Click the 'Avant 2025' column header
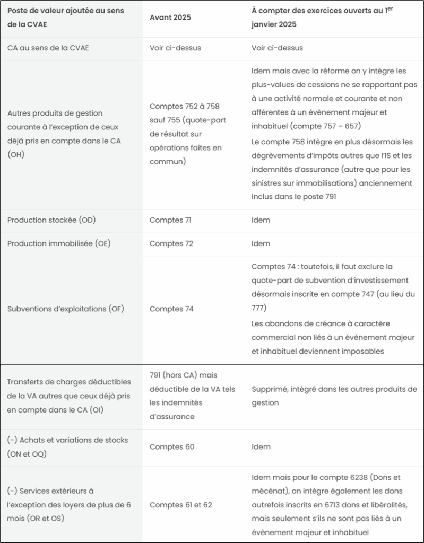pyautogui.click(x=170, y=17)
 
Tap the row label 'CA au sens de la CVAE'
pyautogui.click(x=48, y=48)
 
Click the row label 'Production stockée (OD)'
pyautogui.click(x=51, y=220)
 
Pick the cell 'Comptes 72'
pyautogui.click(x=171, y=243)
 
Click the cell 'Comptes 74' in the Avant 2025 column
pyautogui.click(x=171, y=309)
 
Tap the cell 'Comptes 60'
pyautogui.click(x=172, y=447)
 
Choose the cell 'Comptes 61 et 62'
pyautogui.click(x=180, y=505)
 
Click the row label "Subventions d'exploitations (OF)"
pyautogui.click(x=65, y=309)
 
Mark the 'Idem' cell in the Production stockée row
pyautogui.click(x=261, y=220)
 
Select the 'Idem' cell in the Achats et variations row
pyautogui.click(x=261, y=447)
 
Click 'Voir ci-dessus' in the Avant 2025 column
pyautogui.click(x=175, y=48)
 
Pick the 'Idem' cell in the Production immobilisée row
pyautogui.click(x=261, y=243)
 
